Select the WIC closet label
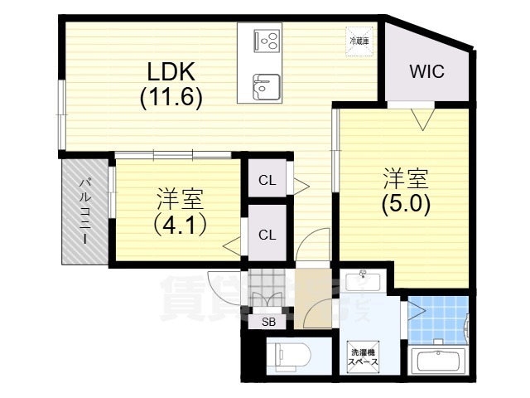[427, 71]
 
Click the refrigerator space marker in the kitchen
[359, 39]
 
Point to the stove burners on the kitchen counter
[267, 40]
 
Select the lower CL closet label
[267, 235]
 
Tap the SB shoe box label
[267, 322]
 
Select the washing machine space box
[362, 357]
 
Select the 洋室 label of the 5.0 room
[405, 178]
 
